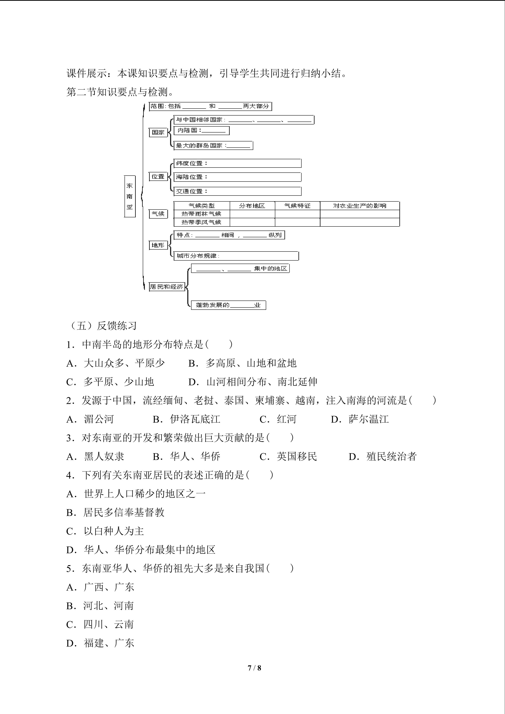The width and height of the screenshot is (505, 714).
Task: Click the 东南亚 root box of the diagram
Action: (129, 196)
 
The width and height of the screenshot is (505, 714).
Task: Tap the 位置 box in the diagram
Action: (158, 177)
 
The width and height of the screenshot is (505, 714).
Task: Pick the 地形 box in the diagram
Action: (158, 245)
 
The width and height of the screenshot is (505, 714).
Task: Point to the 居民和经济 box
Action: (167, 287)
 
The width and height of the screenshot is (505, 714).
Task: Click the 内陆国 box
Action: (201, 131)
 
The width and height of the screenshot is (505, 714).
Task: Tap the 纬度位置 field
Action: (237, 163)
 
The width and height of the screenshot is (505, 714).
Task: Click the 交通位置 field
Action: (237, 191)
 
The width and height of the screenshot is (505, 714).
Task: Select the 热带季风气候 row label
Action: (201, 222)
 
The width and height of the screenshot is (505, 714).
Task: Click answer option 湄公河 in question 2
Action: (99, 419)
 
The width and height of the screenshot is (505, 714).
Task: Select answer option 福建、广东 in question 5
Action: (109, 643)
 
